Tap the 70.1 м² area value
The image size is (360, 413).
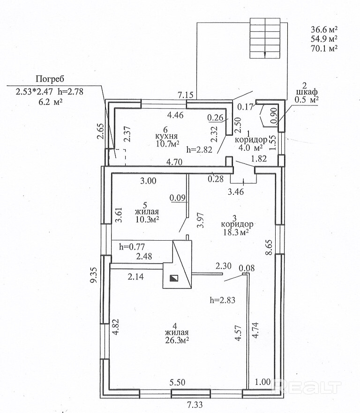tap(324, 47)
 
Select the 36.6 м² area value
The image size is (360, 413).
tap(324, 28)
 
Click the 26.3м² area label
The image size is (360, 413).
tap(176, 341)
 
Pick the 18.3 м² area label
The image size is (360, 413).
tap(235, 232)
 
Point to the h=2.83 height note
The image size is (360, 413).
tap(222, 300)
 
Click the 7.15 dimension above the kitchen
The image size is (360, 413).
tap(186, 96)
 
